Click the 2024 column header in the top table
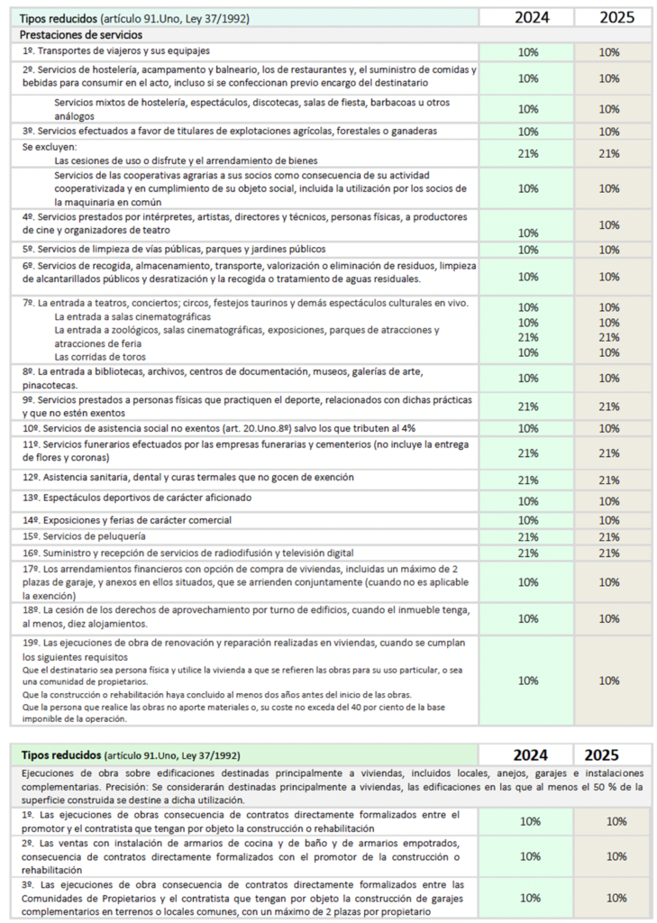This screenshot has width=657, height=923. click(530, 17)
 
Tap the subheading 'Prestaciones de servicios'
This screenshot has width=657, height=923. click(76, 34)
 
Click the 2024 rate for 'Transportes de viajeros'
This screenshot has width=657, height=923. click(530, 52)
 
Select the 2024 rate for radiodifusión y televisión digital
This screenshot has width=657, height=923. click(530, 553)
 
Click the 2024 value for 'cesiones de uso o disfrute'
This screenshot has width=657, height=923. click(530, 153)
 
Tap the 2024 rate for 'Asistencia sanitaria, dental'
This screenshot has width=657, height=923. click(530, 480)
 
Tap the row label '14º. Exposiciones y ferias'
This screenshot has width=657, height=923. click(127, 520)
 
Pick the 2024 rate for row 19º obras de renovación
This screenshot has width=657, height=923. click(530, 681)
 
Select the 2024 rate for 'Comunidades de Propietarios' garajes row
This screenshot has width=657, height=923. click(530, 898)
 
